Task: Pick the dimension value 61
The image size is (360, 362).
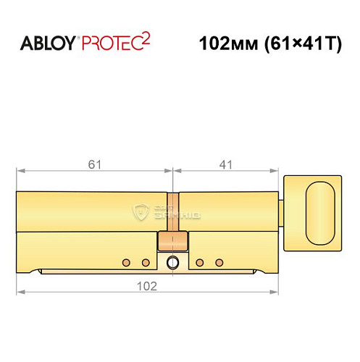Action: (94, 164)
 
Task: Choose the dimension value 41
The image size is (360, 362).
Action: (226, 164)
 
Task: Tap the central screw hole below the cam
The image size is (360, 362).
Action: (172, 261)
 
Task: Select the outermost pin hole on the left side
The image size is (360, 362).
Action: (125, 261)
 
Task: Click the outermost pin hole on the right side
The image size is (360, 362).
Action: (219, 261)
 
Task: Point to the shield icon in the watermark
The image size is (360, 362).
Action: (141, 211)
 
